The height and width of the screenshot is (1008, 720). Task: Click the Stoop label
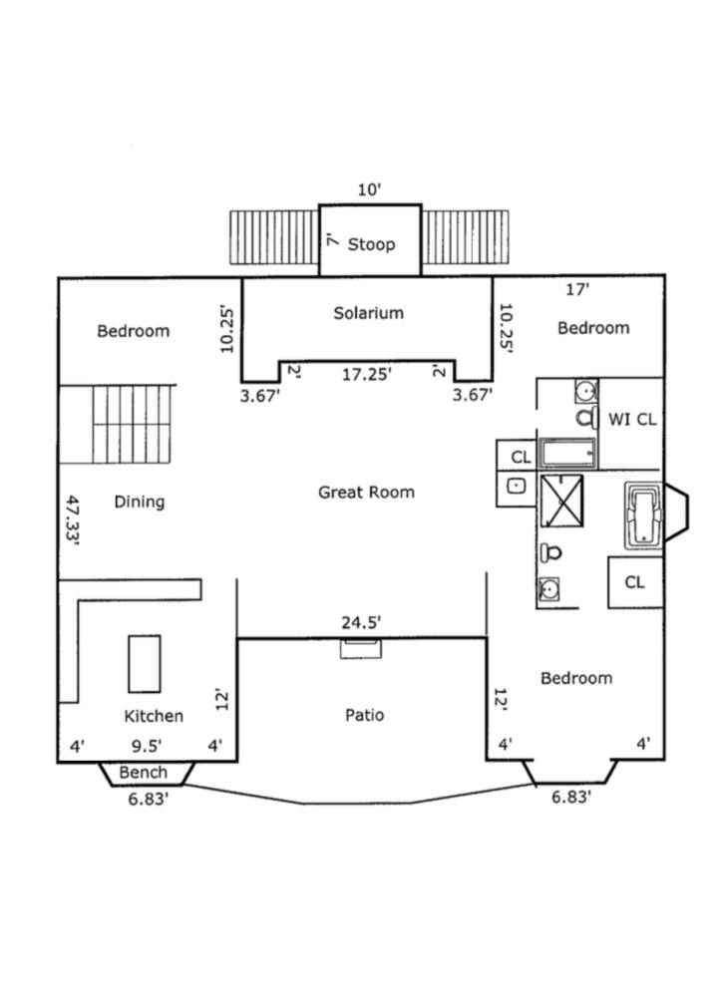371,244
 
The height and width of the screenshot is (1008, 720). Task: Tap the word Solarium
368,313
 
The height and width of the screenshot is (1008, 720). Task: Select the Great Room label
366,492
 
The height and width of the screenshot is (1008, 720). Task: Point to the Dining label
139,502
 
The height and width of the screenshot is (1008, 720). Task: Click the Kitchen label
154,716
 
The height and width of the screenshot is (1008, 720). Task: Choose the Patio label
364,715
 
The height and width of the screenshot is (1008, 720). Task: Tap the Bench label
144,773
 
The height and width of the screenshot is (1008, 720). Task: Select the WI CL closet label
632,420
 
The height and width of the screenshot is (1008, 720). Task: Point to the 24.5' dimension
361,623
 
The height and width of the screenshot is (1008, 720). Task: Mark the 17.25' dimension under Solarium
366,374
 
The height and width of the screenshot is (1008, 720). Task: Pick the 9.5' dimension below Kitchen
147,745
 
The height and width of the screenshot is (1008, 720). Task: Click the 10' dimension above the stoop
369,189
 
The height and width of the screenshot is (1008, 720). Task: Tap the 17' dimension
576,290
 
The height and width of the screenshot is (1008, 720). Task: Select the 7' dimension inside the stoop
330,241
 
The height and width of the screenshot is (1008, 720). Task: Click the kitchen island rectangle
145,663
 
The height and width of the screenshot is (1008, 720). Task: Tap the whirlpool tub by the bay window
643,515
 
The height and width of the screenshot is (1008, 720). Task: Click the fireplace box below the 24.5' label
360,649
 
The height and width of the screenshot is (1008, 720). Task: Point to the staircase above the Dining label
126,425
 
